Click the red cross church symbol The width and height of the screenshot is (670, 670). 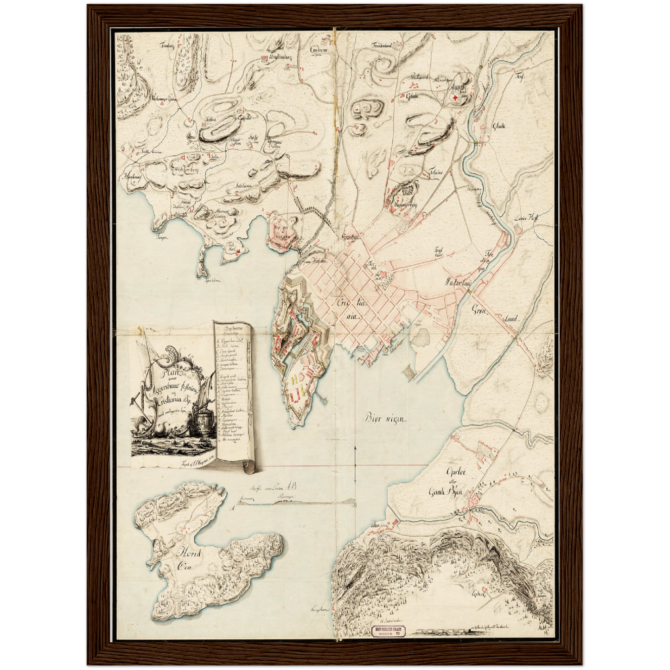(456, 97)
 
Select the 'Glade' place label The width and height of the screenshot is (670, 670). (499, 126)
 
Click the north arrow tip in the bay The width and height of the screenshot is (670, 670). (355, 448)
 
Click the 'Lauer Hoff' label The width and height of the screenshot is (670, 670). (525, 219)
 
